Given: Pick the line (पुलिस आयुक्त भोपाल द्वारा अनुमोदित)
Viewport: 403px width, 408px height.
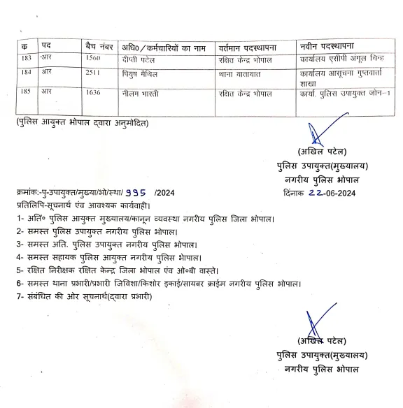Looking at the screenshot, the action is pyautogui.click(x=83, y=123).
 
